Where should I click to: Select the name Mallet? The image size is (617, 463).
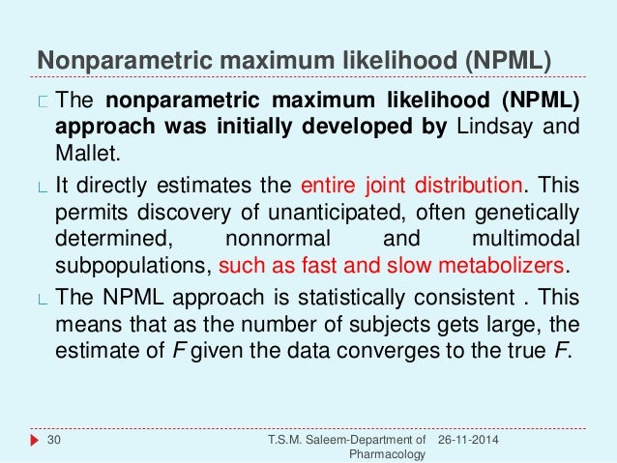pos(84,152)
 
